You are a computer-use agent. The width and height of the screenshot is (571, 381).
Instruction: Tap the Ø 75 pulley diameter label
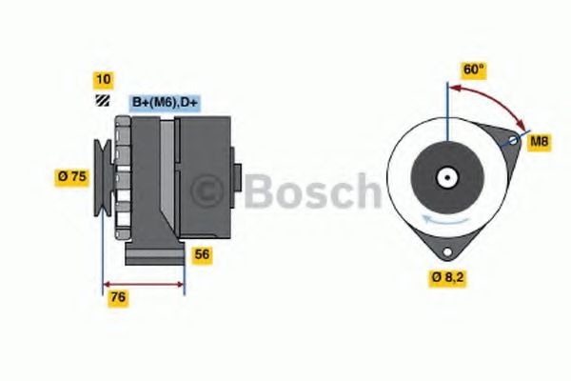pyautogui.click(x=73, y=175)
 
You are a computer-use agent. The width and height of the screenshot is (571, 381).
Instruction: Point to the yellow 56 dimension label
pyautogui.click(x=202, y=254)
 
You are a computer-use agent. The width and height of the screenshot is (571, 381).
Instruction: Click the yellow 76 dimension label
pyautogui.click(x=117, y=298)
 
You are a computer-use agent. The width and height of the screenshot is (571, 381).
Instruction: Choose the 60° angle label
pyautogui.click(x=473, y=70)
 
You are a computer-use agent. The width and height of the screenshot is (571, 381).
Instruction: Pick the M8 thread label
pyautogui.click(x=539, y=142)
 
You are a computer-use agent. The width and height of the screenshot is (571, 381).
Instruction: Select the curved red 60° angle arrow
pyautogui.click(x=490, y=100)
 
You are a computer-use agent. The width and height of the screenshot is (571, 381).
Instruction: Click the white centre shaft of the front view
pyautogui.click(x=446, y=177)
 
